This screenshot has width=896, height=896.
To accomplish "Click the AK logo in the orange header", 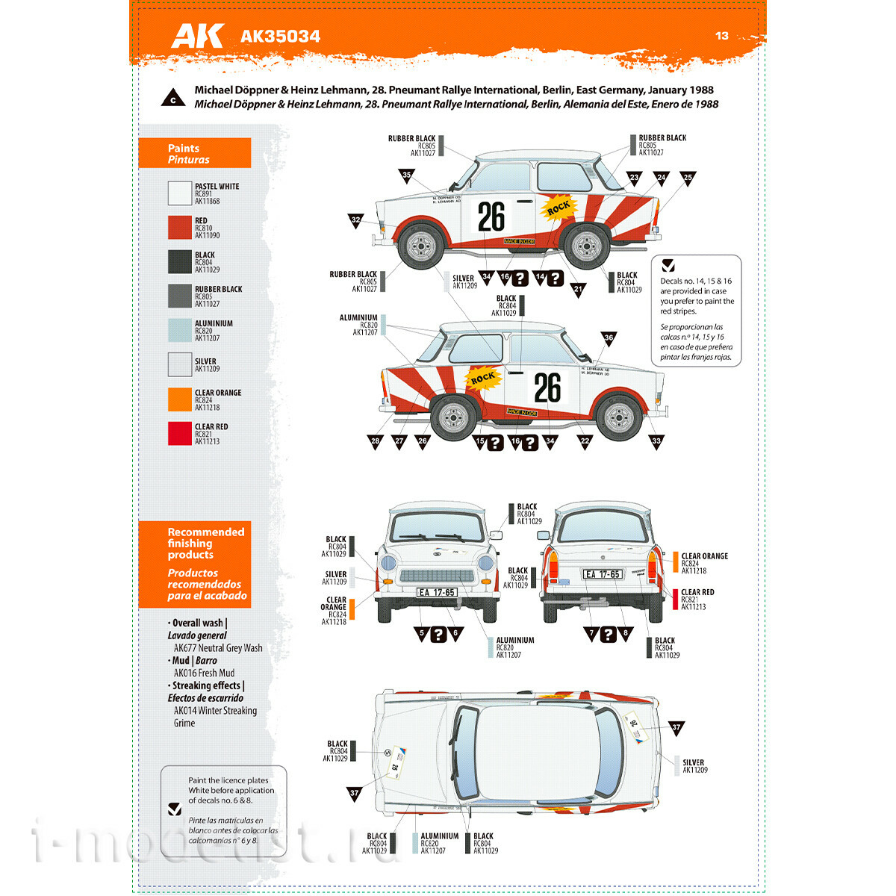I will coord(197,36).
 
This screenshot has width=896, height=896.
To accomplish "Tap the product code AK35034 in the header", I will coord(280,37).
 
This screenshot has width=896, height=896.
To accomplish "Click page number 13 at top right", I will coord(721,36).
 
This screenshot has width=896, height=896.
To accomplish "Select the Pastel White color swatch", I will coord(180,193).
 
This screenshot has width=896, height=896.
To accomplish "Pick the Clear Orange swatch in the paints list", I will coord(180,399).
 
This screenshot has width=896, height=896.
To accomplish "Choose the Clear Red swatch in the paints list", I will coord(180,434).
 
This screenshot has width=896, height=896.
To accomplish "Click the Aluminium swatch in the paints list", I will coord(180,331).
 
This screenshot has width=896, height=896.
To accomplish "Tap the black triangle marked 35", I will coord(406,175).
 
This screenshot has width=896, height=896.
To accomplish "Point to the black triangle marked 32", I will coord(355,220).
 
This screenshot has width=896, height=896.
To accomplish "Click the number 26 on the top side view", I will coord(491,217).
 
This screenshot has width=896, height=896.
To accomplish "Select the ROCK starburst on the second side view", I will coord(482,379).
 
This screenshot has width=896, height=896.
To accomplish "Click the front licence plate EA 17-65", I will coord(437,592).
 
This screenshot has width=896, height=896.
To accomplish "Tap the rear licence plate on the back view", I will coord(603,574).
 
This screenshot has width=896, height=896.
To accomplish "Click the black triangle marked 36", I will coord(609,338).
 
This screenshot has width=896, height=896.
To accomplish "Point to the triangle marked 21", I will coord(578,289).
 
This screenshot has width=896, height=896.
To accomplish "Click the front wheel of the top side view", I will coord(422,243).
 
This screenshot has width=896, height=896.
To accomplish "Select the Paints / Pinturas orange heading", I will coord(195,154).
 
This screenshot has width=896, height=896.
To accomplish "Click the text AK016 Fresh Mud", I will coord(204,673).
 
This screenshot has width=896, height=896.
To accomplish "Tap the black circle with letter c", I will coord(173,99).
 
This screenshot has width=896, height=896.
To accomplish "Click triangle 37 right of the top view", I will coord(676,727).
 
